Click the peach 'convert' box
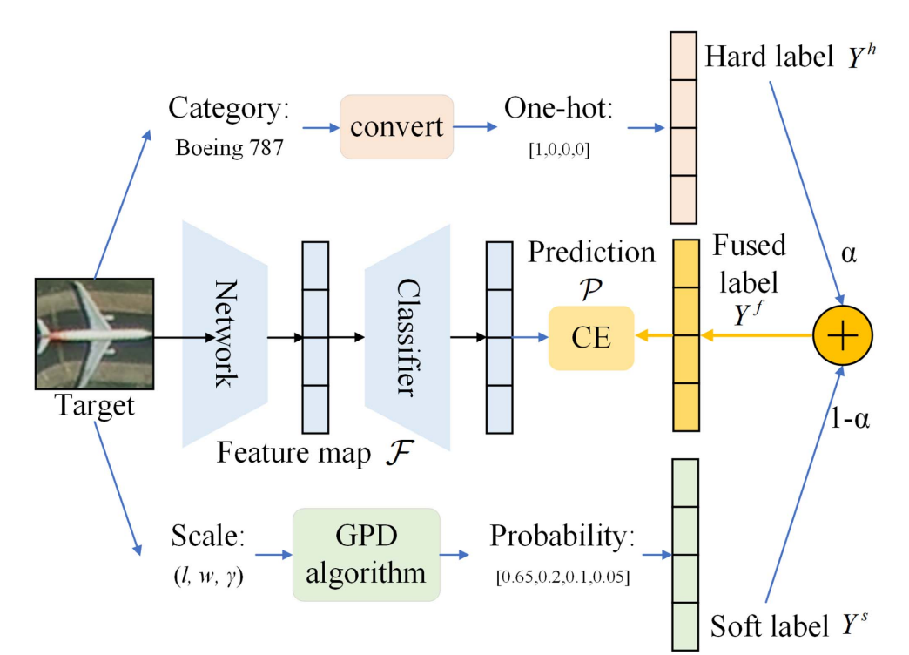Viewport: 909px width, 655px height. [x=396, y=127]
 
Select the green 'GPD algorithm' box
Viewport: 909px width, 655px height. [x=366, y=555]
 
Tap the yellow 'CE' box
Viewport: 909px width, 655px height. [x=591, y=338]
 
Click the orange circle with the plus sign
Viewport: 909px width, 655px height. [x=842, y=335]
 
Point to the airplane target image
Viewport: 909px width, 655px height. [x=95, y=334]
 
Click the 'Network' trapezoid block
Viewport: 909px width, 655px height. [x=225, y=334]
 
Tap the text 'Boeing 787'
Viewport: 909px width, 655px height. [x=230, y=148]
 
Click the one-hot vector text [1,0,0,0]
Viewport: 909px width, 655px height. [x=560, y=150]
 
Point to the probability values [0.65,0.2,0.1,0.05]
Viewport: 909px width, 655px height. [x=563, y=577]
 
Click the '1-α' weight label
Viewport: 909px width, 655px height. [x=850, y=418]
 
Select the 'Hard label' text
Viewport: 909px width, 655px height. [x=769, y=57]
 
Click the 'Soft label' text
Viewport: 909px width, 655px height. [x=770, y=626]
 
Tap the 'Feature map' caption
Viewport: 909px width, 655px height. [x=293, y=453]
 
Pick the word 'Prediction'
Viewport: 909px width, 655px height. [x=591, y=253]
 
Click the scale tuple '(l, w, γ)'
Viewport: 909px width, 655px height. [x=209, y=576]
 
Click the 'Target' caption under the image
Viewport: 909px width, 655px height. [x=95, y=406]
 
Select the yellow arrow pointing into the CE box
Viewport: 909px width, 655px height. [x=655, y=335]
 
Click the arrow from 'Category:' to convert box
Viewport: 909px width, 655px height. [x=321, y=128]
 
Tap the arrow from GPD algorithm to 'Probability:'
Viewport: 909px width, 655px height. [x=454, y=555]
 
